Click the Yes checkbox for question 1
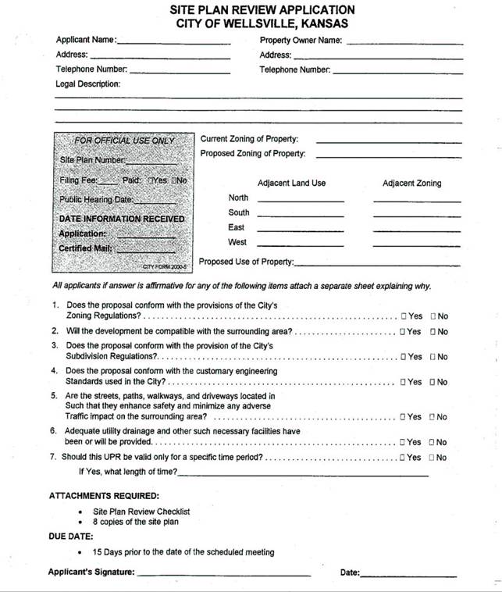(404, 316)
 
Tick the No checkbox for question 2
(433, 332)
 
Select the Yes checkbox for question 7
(404, 458)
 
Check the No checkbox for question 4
(433, 383)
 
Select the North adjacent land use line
(301, 201)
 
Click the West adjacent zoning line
(417, 245)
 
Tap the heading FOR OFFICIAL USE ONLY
(124, 141)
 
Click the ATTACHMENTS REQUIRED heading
(104, 496)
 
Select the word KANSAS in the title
(321, 23)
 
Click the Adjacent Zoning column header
(411, 184)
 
